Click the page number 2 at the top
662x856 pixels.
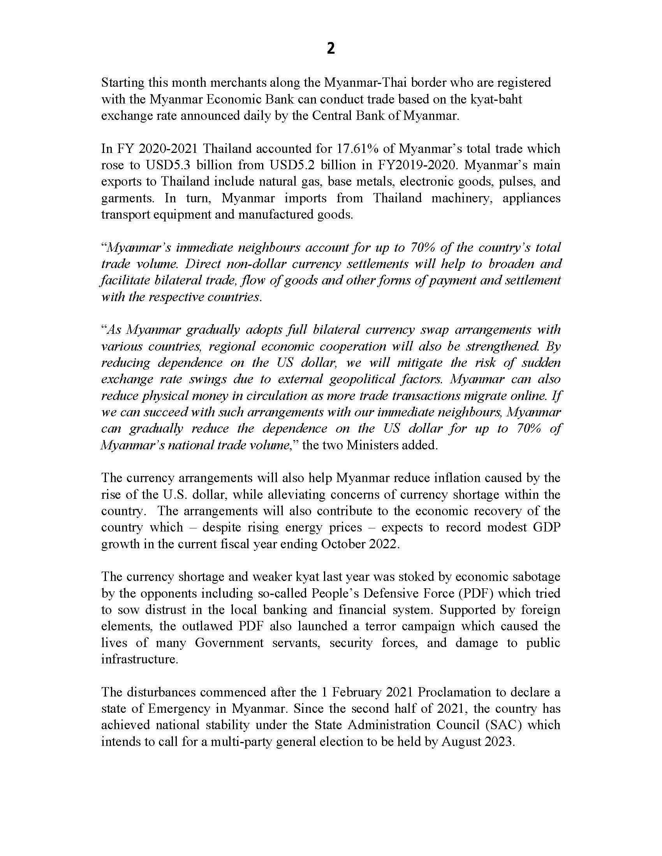tap(331, 49)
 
